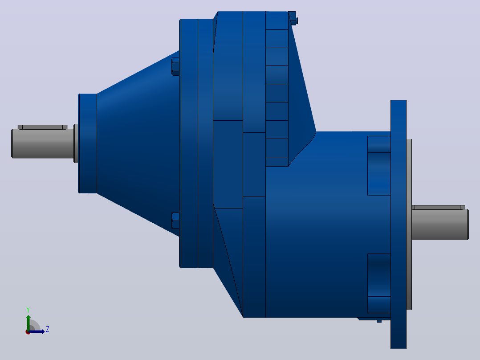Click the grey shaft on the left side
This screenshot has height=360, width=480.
point(43,143)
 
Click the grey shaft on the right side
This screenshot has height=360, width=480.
point(440,225)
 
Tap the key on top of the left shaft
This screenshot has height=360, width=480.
point(43,127)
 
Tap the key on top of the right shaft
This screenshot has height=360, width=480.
point(438,208)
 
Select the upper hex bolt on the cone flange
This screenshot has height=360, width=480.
point(175,66)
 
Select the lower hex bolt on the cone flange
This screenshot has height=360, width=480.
point(175,221)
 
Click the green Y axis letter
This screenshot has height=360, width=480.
point(28,310)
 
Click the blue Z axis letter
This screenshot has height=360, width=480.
point(48,329)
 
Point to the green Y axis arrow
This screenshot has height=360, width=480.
point(28,323)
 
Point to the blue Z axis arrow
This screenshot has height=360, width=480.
point(37,332)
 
